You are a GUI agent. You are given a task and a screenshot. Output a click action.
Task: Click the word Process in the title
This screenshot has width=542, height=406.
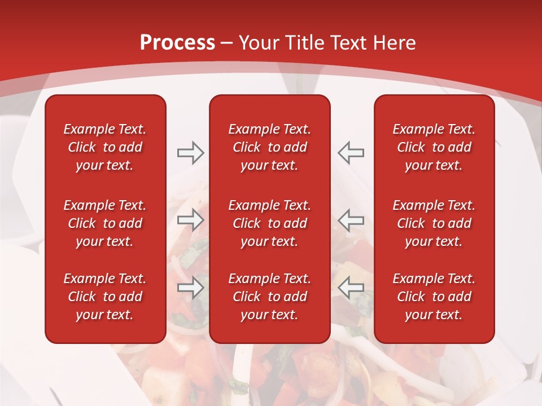coord(177,43)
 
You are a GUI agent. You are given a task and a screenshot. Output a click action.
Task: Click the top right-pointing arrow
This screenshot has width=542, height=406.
coord(191,153)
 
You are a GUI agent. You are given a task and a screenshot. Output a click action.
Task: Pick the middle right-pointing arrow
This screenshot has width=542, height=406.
coord(191,219)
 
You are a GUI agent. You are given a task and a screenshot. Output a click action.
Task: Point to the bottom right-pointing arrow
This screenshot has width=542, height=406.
coord(191,288)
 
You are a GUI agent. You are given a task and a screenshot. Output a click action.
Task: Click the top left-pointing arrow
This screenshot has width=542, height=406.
coord(351,153)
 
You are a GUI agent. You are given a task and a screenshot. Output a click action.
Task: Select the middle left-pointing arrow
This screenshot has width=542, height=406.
coord(351,219)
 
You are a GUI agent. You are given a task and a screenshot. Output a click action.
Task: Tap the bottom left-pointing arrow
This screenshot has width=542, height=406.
coord(351,288)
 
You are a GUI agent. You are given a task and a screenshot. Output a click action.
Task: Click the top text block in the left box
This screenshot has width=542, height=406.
coord(105,147)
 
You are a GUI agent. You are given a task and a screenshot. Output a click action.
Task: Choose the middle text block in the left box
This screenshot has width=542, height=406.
coord(105,223)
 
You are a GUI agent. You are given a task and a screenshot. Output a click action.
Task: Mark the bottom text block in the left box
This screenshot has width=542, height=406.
coord(105,297)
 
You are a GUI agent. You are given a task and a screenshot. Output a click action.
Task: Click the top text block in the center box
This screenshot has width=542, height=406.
coord(270,147)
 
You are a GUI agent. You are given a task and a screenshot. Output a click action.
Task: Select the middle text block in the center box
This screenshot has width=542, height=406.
coord(270,223)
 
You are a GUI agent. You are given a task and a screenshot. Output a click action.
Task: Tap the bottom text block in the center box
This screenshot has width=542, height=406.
coord(270,297)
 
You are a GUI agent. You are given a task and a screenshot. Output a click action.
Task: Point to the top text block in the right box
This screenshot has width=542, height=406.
coord(434,147)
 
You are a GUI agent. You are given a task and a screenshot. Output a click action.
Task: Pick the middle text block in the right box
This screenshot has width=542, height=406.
coord(434,223)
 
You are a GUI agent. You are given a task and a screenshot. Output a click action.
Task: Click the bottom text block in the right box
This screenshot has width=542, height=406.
coord(434,297)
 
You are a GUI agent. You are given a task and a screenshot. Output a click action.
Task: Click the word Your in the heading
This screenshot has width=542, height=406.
coord(259,43)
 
